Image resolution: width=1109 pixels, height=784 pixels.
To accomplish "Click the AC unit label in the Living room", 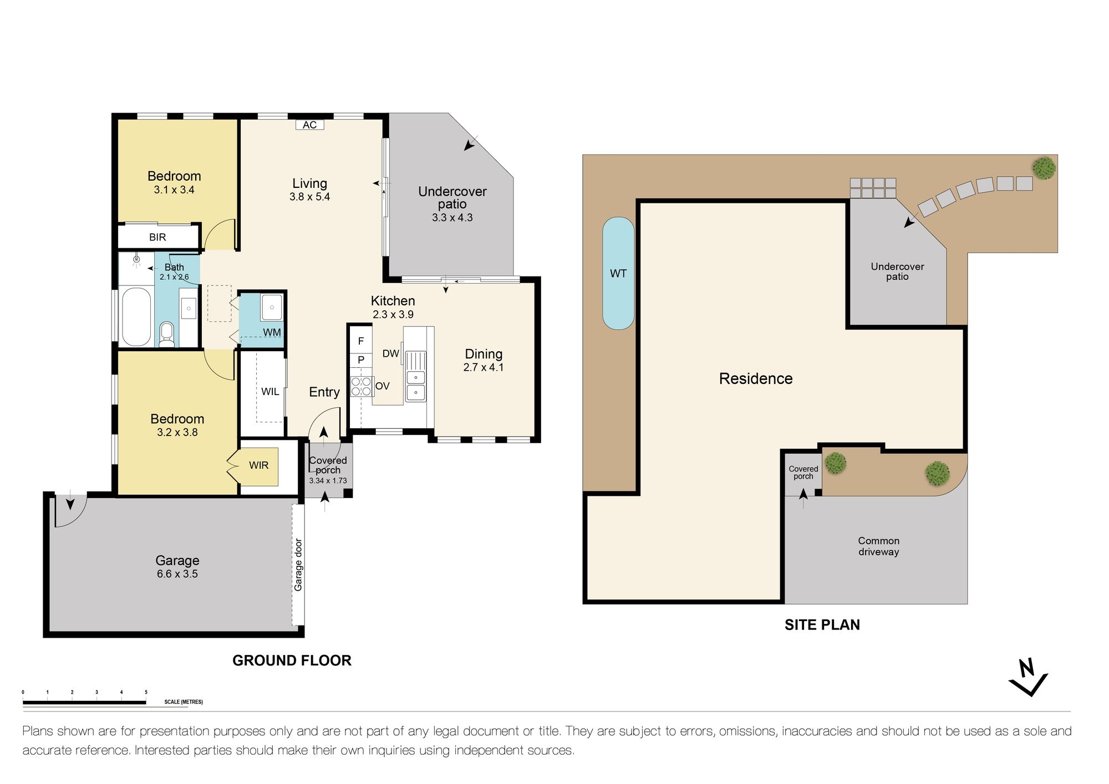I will tap(309, 125).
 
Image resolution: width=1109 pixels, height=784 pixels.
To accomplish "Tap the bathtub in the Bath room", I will tap(136, 316).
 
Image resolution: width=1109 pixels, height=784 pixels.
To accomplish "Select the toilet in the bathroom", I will tap(166, 334).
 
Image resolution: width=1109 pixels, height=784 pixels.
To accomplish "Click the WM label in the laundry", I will tap(272, 332).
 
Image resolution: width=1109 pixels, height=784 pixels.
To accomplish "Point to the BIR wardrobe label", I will tap(157, 237).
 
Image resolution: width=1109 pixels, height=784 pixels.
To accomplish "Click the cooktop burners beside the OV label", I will tap(361, 387).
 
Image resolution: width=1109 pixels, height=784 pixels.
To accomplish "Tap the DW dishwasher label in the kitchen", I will tap(390, 353).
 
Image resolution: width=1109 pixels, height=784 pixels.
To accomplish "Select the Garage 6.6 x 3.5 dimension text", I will tap(177, 574).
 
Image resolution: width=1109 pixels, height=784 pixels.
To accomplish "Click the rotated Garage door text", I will tap(298, 565).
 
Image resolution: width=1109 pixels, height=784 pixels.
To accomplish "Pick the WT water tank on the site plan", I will tap(618, 273).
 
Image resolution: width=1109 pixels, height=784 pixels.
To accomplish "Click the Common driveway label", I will tap(878, 546).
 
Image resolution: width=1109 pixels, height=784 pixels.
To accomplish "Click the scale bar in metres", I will tap(84, 703).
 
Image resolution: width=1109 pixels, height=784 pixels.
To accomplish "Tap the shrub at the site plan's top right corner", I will tap(1044, 168).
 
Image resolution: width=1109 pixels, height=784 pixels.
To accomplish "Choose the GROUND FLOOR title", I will tap(292, 660).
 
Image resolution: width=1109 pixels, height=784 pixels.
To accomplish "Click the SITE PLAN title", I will tap(822, 624).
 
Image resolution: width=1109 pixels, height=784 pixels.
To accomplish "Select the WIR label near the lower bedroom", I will tap(258, 465).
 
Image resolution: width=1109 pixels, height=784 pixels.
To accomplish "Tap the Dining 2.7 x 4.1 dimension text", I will tap(483, 367).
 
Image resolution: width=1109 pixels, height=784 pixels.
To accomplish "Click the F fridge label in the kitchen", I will tap(361, 341).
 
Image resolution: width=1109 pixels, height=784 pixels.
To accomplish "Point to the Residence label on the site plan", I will tap(755, 378).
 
